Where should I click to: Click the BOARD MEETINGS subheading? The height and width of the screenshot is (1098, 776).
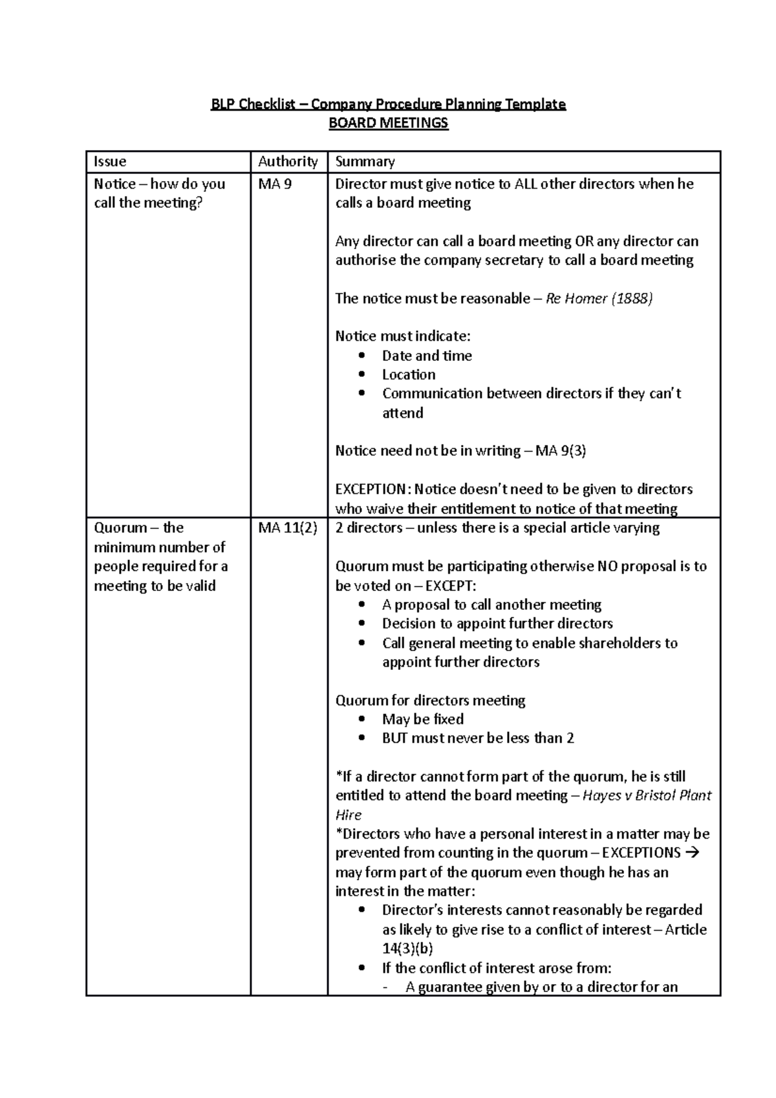(x=388, y=123)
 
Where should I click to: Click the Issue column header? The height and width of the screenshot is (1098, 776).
(x=110, y=162)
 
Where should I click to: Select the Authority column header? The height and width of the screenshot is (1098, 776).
(x=288, y=162)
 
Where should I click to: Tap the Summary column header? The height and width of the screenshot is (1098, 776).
(x=365, y=162)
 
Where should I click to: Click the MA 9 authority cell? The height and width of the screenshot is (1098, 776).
(x=275, y=184)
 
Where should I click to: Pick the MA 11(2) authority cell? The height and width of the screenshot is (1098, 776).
(x=288, y=528)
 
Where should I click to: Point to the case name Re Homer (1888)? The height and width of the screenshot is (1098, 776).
(x=599, y=299)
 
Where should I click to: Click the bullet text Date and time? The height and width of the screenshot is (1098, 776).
(x=427, y=356)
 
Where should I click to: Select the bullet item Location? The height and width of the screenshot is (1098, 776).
(x=409, y=375)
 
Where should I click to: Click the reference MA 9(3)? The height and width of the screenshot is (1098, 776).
(x=561, y=451)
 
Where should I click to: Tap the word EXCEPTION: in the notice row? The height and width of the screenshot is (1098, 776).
(x=372, y=490)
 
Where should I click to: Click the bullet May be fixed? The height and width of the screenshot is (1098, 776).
(x=423, y=720)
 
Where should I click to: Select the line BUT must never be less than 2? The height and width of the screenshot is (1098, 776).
(x=478, y=738)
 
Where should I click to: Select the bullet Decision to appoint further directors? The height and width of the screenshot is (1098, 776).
(x=497, y=624)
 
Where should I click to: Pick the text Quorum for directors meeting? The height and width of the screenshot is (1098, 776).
(x=430, y=700)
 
